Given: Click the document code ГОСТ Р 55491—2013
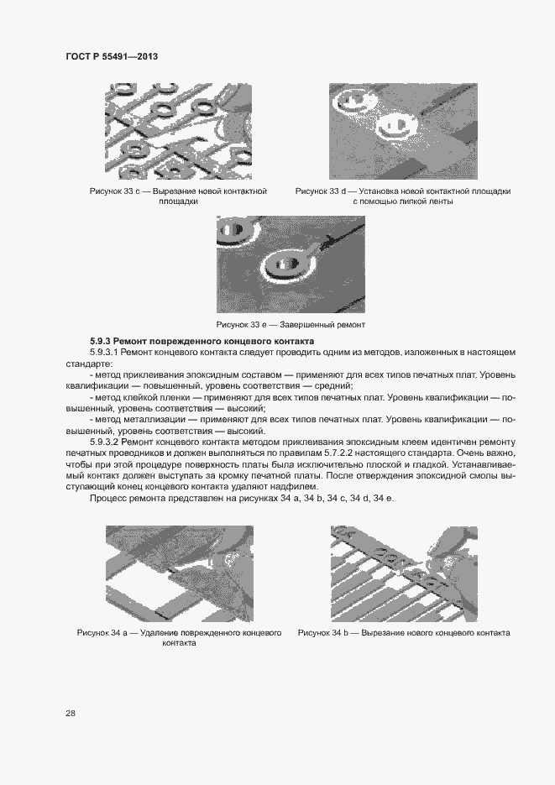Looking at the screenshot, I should (112, 56).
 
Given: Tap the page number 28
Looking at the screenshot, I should (71, 713).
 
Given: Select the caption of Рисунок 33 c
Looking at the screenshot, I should (178, 196).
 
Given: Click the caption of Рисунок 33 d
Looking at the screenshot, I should (402, 196).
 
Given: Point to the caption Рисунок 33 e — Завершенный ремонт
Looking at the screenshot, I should (291, 324).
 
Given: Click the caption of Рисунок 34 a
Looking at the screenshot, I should (178, 637).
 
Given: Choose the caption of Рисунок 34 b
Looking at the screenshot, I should (403, 632).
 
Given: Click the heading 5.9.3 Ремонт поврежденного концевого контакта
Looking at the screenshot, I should (202, 342).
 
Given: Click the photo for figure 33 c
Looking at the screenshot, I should (178, 131).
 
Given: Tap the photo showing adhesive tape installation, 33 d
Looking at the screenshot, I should (403, 131).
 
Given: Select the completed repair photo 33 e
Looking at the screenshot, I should (291, 264).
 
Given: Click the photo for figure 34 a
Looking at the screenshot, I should (178, 572).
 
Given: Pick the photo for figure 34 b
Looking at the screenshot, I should (404, 572).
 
